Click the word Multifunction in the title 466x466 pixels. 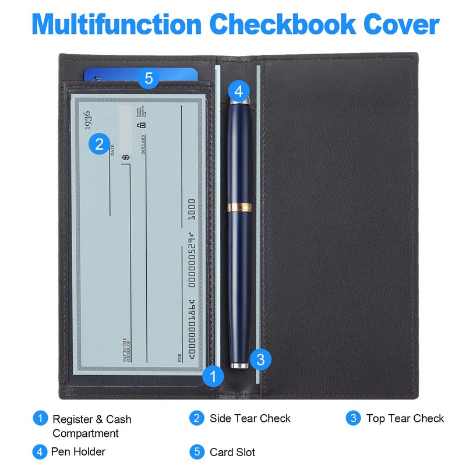tap(117, 25)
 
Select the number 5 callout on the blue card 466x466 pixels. tap(149, 79)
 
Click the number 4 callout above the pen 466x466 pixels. tap(239, 91)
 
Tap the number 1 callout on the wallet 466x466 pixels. tap(214, 376)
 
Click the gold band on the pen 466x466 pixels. tap(239, 207)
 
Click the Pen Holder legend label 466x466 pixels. tap(78, 451)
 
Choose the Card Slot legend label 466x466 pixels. tap(232, 452)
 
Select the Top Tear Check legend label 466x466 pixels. tap(405, 418)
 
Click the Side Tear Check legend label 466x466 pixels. tap(250, 418)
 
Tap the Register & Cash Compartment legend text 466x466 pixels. tap(91, 426)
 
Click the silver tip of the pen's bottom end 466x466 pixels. tap(239, 365)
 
